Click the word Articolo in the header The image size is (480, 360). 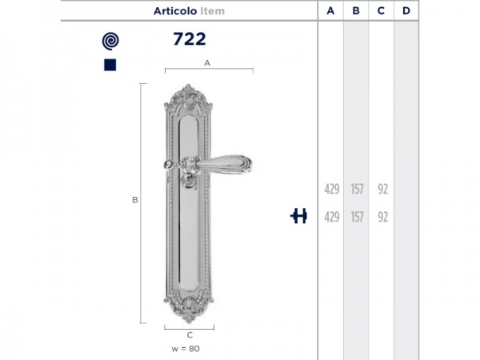point(175,11)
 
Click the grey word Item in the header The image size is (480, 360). point(213,11)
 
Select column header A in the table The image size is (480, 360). point(330,10)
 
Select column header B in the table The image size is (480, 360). point(356,10)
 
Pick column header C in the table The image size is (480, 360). point(381,10)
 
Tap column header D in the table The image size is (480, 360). point(406,10)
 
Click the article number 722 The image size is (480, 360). point(190,39)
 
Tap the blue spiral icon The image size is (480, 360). point(110,41)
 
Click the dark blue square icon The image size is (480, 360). point(110,65)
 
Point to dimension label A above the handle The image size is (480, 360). point(207,63)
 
